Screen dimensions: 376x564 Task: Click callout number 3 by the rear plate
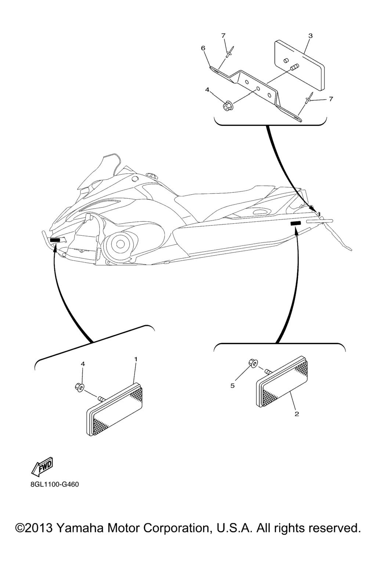click(310, 36)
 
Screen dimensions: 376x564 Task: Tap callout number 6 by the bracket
click(203, 48)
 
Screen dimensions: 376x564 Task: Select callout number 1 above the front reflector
click(136, 359)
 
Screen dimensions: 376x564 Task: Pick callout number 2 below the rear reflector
click(297, 414)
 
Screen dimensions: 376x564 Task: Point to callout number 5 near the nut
click(232, 386)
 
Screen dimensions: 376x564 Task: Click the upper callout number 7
click(223, 36)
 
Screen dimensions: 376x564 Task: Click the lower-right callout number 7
click(331, 99)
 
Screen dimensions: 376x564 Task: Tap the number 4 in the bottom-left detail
click(83, 364)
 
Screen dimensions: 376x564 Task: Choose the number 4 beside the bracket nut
click(207, 90)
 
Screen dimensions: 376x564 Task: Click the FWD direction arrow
click(42, 467)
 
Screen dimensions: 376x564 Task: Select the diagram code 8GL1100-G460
click(55, 484)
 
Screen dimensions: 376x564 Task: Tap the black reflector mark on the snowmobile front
click(55, 240)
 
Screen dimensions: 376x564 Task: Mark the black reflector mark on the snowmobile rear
click(296, 223)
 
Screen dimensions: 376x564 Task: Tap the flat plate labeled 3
click(299, 65)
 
